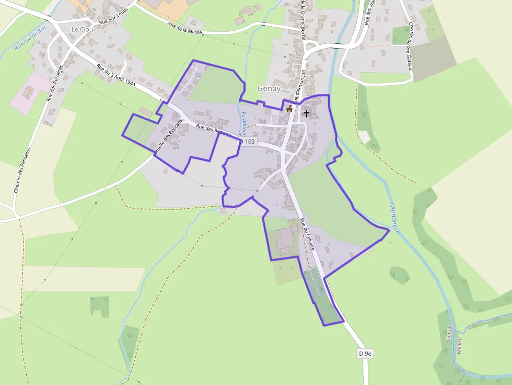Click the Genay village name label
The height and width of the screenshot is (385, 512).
click(x=269, y=89)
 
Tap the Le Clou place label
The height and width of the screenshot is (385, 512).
click(x=83, y=29)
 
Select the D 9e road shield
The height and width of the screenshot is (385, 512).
click(x=365, y=354)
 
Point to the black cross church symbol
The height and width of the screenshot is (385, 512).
click(x=306, y=112)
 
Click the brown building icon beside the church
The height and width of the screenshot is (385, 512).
click(x=289, y=109)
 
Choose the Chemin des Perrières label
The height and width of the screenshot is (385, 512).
click(x=22, y=170)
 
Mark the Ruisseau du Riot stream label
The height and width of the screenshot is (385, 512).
click(x=30, y=39)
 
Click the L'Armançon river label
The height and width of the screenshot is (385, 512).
click(x=394, y=218)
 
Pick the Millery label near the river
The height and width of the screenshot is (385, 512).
click(x=459, y=345)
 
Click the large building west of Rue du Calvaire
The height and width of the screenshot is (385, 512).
click(x=285, y=239)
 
